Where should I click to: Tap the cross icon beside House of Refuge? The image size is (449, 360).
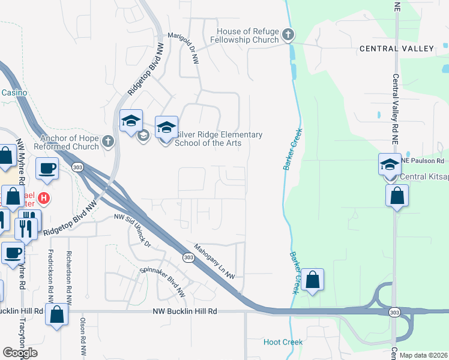[288, 34]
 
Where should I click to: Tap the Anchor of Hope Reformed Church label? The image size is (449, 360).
[66, 142]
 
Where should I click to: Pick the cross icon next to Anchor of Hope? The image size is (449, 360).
[108, 142]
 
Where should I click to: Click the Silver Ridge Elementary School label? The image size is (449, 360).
[218, 139]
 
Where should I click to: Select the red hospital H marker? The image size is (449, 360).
[43, 197]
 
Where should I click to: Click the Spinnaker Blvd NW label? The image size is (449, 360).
[163, 282]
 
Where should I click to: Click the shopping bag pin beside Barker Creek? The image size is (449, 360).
[312, 280]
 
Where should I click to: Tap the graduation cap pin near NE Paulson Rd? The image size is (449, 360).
[390, 164]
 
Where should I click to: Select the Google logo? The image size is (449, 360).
[20, 353]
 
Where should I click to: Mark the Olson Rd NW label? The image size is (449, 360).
[82, 337]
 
